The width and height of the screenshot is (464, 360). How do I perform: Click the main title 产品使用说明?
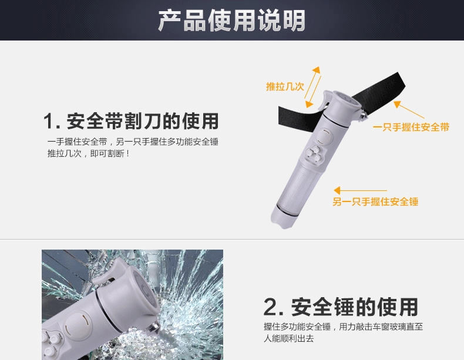[231, 21]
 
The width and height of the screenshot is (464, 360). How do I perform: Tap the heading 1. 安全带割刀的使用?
[131, 121]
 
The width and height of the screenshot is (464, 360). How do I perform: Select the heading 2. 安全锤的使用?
[340, 307]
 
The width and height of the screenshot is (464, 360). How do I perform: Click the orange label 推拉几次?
[285, 86]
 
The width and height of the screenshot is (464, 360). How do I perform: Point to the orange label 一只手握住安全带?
[411, 127]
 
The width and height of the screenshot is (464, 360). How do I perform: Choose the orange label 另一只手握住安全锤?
[375, 202]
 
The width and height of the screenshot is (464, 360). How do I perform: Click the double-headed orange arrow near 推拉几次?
[313, 87]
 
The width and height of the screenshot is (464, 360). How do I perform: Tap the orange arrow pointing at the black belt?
[409, 109]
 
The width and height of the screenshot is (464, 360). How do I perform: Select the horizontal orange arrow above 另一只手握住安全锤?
[360, 190]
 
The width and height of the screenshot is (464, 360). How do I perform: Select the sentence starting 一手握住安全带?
[133, 142]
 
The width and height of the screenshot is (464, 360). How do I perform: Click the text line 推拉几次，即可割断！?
[88, 153]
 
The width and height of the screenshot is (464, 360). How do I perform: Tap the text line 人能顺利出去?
[288, 338]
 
